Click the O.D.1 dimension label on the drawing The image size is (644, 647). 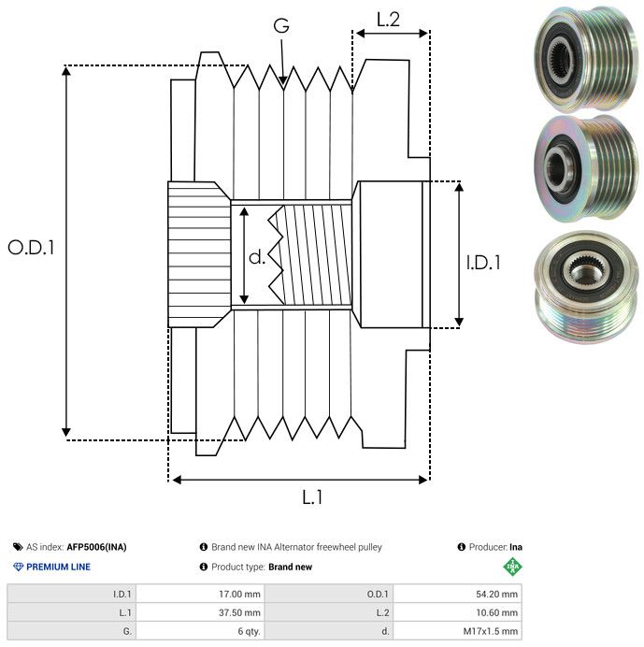[x=32, y=248]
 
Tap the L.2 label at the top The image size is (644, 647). [x=388, y=18]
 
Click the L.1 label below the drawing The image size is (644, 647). [x=312, y=498]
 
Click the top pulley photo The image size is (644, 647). [x=580, y=57]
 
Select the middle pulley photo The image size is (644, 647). [x=580, y=171]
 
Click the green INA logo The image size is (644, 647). [x=513, y=567]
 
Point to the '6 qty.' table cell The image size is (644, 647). [x=248, y=631]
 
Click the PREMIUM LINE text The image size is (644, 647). [x=58, y=567]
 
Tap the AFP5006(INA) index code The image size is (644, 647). [x=97, y=547]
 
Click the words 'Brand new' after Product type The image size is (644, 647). [x=290, y=567]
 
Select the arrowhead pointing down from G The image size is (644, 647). [x=282, y=81]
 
